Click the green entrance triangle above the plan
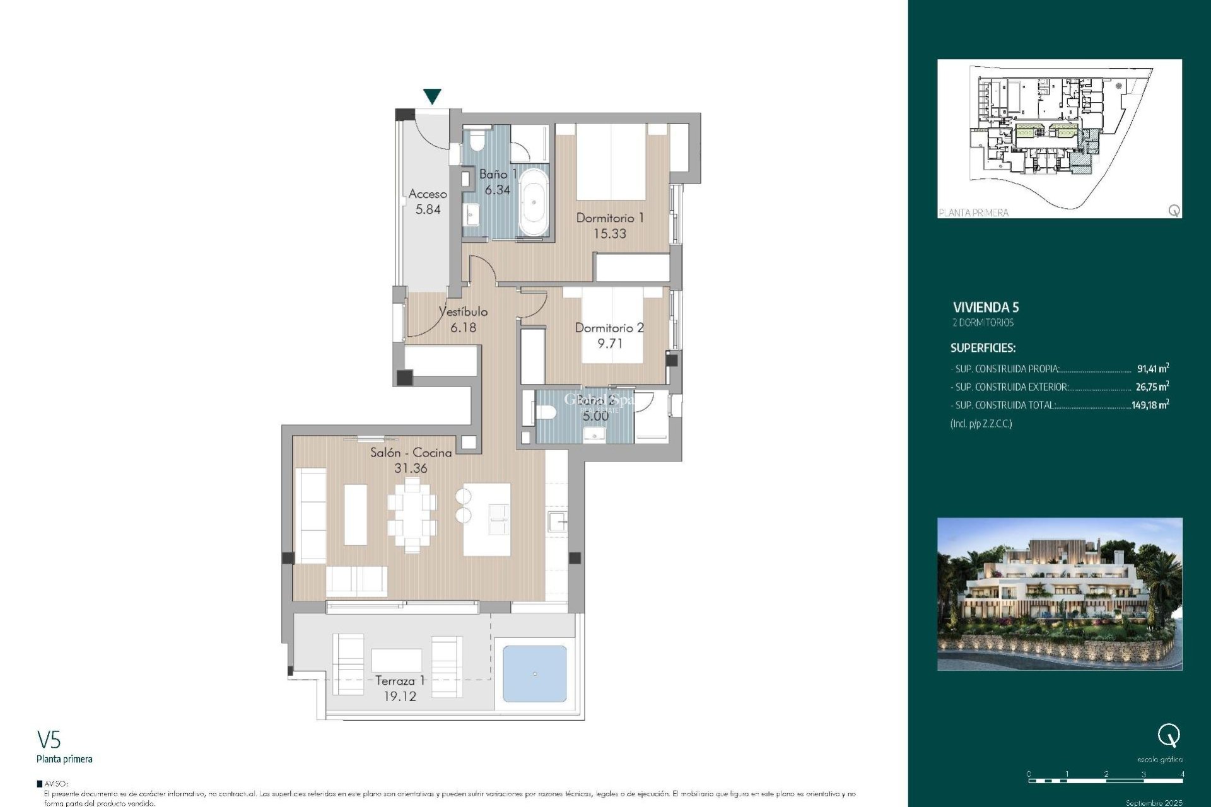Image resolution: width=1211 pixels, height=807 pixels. [432, 96]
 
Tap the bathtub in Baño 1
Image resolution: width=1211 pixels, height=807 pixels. [534, 202]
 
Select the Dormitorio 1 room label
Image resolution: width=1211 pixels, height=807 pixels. [609, 218]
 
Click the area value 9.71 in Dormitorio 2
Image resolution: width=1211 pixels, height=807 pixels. [609, 344]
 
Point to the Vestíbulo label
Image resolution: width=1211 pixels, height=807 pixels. [463, 311]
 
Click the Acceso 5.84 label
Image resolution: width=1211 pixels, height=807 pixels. [428, 202]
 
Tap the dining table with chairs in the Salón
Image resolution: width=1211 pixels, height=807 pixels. [412, 515]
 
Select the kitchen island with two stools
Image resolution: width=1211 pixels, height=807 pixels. [486, 519]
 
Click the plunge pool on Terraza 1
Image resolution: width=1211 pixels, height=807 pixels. [534, 673]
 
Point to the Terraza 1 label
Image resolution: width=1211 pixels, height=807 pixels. [400, 681]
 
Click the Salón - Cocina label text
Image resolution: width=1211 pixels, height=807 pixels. [411, 453]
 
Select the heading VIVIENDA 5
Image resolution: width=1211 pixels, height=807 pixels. [985, 308]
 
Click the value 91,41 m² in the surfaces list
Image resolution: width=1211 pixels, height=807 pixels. [1152, 369]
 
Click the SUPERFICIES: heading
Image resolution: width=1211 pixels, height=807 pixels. [983, 348]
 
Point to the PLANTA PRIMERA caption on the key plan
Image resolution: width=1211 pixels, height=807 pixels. [973, 213]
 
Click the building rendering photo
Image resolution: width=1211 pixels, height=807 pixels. [1059, 593]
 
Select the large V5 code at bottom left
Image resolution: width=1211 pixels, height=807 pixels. [49, 740]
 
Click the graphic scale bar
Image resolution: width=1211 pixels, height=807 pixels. [1105, 781]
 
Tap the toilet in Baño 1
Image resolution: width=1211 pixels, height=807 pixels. [476, 140]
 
